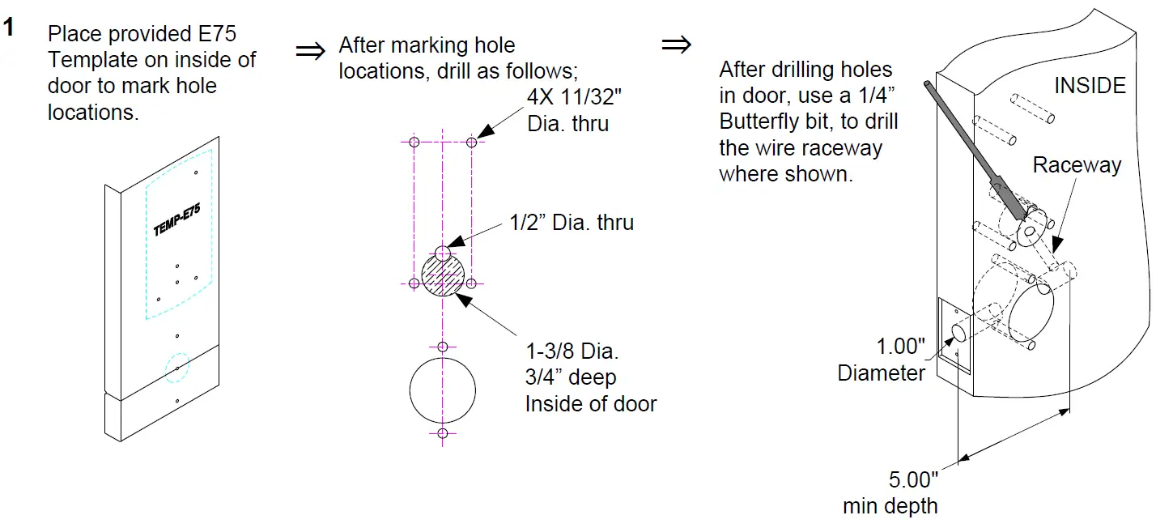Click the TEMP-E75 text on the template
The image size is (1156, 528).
click(x=176, y=220)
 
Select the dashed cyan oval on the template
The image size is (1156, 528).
click(x=177, y=367)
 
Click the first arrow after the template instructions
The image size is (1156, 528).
click(x=309, y=52)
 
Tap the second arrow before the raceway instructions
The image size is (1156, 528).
click(x=676, y=45)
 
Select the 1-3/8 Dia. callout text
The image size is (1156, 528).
click(x=572, y=353)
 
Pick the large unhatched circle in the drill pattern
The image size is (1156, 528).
click(x=442, y=390)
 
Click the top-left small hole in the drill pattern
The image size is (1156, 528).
click(x=414, y=143)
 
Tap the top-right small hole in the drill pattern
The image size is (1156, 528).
click(x=471, y=143)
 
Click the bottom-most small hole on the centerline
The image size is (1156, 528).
click(x=442, y=434)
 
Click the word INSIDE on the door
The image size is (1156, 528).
click(x=1090, y=86)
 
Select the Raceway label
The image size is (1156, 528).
click(x=1077, y=165)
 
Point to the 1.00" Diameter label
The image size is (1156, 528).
click(x=882, y=360)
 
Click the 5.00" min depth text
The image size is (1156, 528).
click(x=890, y=492)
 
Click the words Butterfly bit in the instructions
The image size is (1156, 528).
click(x=768, y=122)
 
